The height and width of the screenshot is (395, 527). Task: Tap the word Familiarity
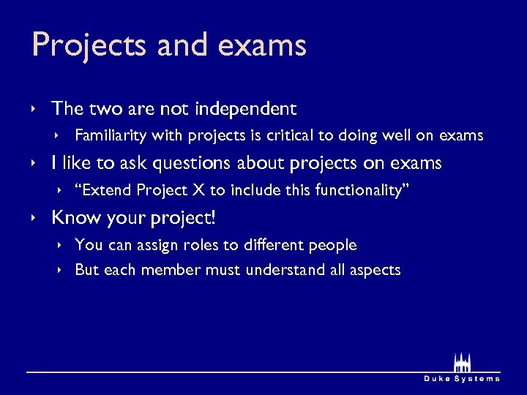click(x=108, y=135)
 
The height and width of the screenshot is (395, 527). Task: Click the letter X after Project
click(x=198, y=190)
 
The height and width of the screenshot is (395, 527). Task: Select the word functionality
click(x=359, y=190)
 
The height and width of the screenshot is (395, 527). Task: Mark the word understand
click(x=285, y=270)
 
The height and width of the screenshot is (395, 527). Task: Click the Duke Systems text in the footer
click(x=462, y=378)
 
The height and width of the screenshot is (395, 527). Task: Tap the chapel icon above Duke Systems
click(x=461, y=362)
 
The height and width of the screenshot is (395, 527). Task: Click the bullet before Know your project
click(x=34, y=218)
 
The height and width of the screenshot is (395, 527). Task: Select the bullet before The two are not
click(x=34, y=110)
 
